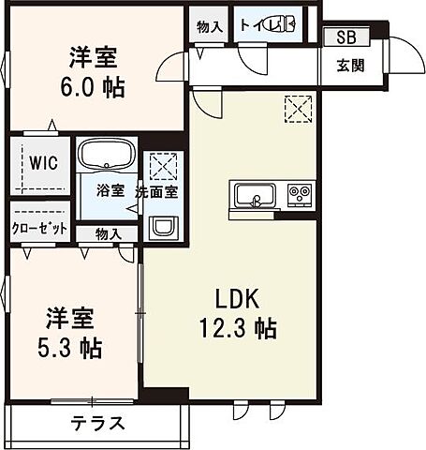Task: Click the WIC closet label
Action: tap(42, 162)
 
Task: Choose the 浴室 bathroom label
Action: tap(109, 190)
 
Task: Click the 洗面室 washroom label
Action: tap(156, 190)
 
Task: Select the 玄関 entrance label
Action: tap(350, 66)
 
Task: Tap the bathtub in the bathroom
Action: tap(106, 154)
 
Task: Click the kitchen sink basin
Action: tap(254, 195)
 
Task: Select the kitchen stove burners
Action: tap(300, 195)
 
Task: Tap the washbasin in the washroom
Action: tap(163, 228)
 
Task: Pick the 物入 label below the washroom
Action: tap(108, 233)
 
